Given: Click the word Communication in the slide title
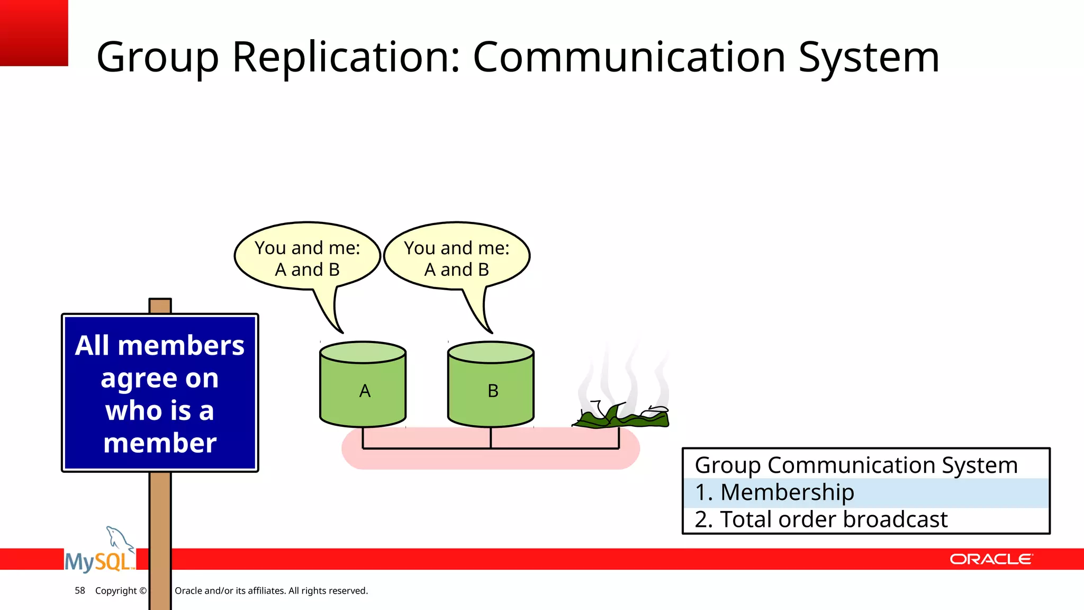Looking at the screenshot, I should coord(629,57).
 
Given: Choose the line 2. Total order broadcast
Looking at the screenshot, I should coord(820,519).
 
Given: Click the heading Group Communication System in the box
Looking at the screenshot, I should coord(856,465).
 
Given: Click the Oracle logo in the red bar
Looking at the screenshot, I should coord(991,559).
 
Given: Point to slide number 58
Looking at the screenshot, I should coord(80,590).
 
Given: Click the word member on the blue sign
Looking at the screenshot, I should coord(160,443).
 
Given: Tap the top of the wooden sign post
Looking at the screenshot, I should coord(160,306).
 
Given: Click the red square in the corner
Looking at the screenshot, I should coord(34,33).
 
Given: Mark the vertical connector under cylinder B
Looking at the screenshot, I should coord(491,438).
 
